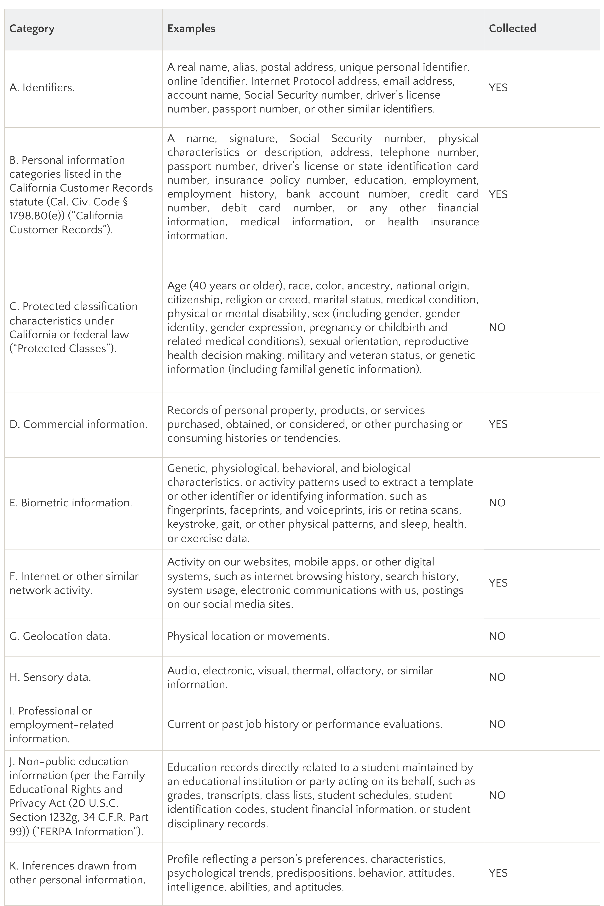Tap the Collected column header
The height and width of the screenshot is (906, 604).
point(512,28)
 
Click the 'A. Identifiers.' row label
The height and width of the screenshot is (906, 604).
point(42,88)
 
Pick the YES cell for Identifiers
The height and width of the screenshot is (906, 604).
point(498,88)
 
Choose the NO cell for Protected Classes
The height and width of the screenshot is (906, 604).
point(497,327)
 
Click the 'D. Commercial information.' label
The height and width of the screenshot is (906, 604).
point(79,424)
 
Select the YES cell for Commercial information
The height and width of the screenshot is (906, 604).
point(498,424)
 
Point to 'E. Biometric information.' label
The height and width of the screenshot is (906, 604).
point(71,503)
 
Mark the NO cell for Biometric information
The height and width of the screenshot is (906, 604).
point(497,503)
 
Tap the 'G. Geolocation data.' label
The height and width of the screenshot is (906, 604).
point(60,636)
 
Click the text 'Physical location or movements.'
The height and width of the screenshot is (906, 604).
point(248,636)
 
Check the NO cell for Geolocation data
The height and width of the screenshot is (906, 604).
point(497,636)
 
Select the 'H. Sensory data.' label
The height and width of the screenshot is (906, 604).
point(50,677)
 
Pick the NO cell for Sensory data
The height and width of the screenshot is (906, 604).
point(497,677)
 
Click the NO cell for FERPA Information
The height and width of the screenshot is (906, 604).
point(497,795)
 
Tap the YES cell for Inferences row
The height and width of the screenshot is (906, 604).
point(498,873)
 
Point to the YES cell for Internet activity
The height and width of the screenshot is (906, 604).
point(498,583)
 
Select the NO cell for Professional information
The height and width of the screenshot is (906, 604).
point(497,724)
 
